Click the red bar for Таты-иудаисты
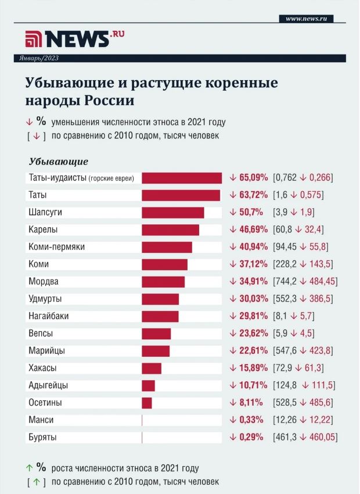pyautogui.click(x=182, y=178)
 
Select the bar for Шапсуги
pyautogui.click(x=172, y=213)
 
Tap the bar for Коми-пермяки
pyautogui.click(x=167, y=247)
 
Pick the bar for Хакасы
pyautogui.click(x=152, y=368)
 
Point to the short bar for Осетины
pyautogui.click(x=147, y=403)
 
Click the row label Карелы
pyautogui.click(x=43, y=230)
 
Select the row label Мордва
pyautogui.click(x=44, y=282)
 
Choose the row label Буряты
pyautogui.click(x=42, y=438)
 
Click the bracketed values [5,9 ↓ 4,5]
pyautogui.click(x=296, y=334)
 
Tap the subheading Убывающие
pyautogui.click(x=58, y=162)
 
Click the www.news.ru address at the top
pyautogui.click(x=306, y=19)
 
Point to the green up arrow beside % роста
pyautogui.click(x=28, y=468)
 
